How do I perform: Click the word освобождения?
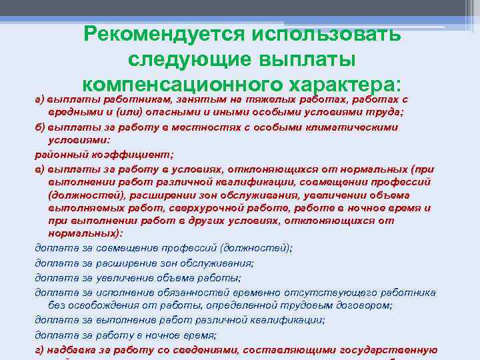[102, 305]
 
